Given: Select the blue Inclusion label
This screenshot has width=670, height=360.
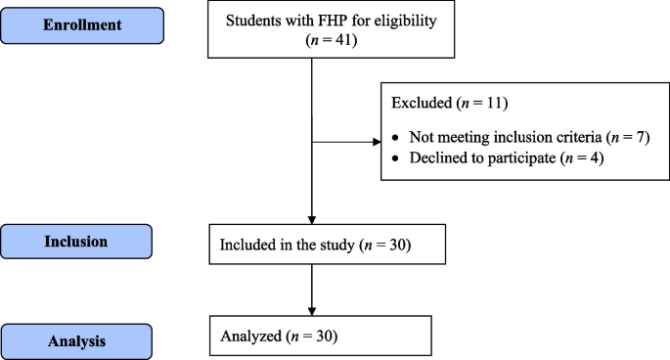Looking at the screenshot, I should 77,241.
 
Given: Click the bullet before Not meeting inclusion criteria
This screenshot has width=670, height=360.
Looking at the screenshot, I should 395,137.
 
